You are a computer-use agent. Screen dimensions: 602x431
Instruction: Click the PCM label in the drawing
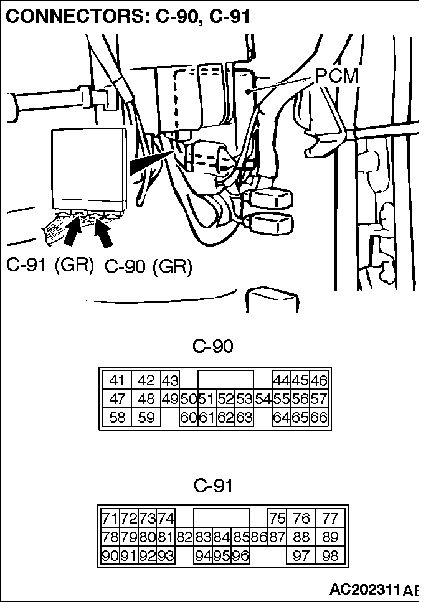point(337,77)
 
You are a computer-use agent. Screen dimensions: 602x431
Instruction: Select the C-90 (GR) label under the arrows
point(148,267)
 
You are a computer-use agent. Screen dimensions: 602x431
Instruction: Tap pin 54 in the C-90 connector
point(262,399)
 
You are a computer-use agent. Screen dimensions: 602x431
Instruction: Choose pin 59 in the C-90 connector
point(146,418)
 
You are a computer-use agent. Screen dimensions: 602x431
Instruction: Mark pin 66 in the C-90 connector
point(319,418)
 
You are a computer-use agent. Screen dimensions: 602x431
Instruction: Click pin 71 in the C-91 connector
point(110,519)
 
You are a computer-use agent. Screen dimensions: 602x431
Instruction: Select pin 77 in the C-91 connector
point(329,519)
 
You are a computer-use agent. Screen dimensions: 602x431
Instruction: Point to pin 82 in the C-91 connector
point(184,537)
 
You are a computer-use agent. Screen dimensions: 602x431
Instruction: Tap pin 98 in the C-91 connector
point(329,556)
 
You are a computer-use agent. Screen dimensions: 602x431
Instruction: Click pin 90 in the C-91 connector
point(110,556)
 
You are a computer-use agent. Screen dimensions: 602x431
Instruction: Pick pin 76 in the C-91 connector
point(301,519)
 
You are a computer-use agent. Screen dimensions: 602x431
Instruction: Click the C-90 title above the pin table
point(213,346)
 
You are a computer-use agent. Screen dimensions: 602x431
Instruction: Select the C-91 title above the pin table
point(213,485)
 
